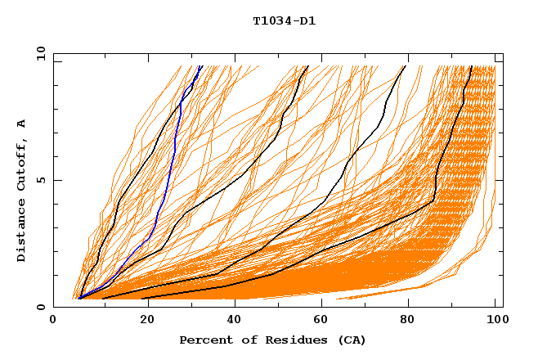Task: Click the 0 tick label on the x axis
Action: click(53, 321)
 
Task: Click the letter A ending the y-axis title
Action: click(22, 123)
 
